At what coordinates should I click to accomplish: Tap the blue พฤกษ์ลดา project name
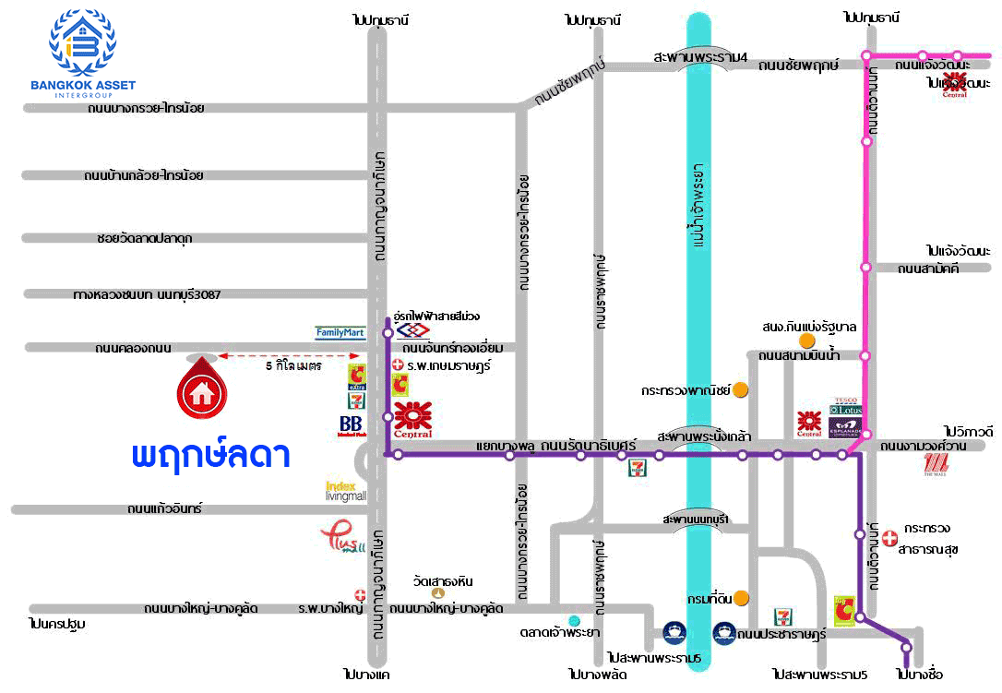[211, 456]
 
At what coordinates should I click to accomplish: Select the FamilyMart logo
[340, 331]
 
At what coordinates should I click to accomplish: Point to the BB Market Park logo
[351, 425]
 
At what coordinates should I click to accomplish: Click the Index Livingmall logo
[346, 490]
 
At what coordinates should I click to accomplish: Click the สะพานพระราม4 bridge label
[700, 57]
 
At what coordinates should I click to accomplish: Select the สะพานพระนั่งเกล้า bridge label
[703, 436]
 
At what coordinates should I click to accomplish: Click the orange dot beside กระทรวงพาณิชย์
[740, 389]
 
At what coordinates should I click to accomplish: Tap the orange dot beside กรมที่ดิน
[741, 598]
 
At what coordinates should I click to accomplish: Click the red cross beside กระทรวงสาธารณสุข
[889, 537]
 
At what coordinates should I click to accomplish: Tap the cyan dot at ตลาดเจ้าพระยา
[575, 619]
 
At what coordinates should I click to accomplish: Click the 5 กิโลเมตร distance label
[292, 365]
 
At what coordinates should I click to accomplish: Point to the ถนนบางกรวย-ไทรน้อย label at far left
[146, 108]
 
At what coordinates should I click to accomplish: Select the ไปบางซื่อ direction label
[918, 674]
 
